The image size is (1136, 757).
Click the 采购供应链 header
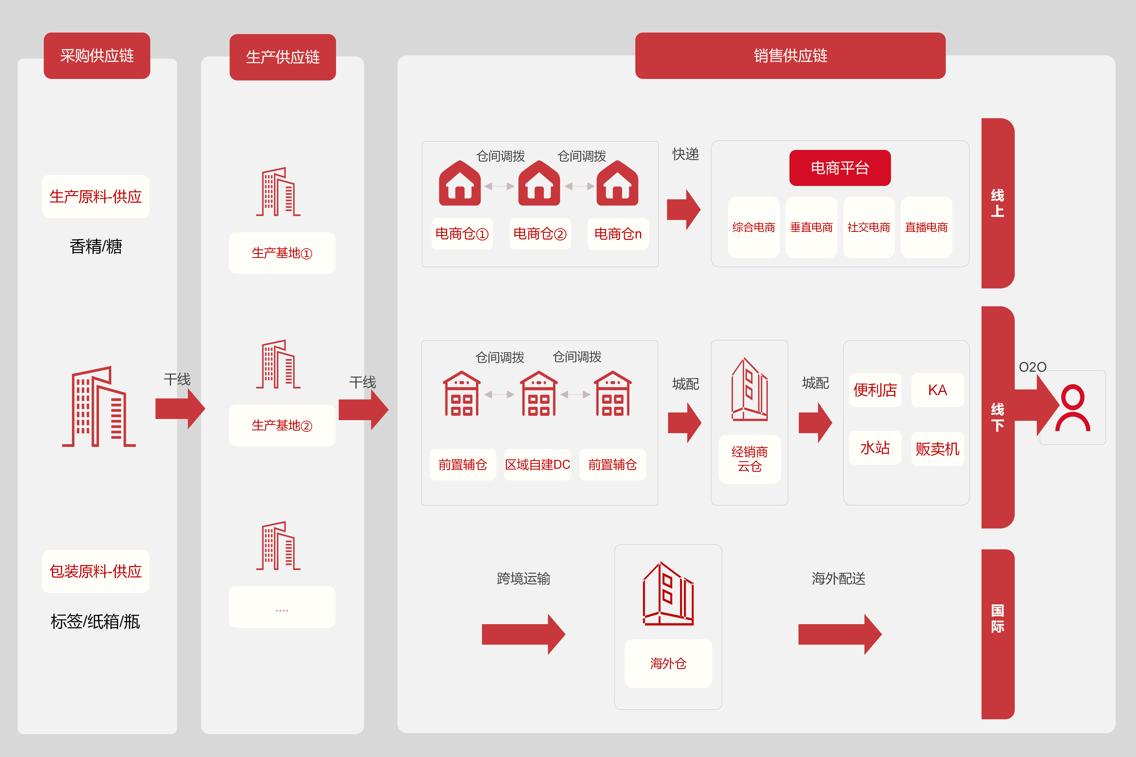(x=97, y=56)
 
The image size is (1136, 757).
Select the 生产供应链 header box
(x=283, y=57)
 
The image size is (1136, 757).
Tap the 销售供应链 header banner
(x=790, y=56)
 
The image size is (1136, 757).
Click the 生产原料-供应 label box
(x=96, y=196)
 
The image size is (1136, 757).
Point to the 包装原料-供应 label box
(x=96, y=571)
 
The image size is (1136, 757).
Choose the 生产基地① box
(x=282, y=253)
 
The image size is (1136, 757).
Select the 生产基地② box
(x=282, y=425)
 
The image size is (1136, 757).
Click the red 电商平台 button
(x=840, y=168)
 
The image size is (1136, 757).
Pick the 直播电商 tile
(x=926, y=227)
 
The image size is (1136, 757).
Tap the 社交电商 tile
(x=869, y=227)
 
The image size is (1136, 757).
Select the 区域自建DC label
(x=538, y=464)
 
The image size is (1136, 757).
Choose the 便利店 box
(x=875, y=390)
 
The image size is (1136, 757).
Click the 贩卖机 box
(x=937, y=449)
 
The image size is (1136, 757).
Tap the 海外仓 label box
(x=669, y=663)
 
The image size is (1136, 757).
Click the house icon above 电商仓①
(x=460, y=183)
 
